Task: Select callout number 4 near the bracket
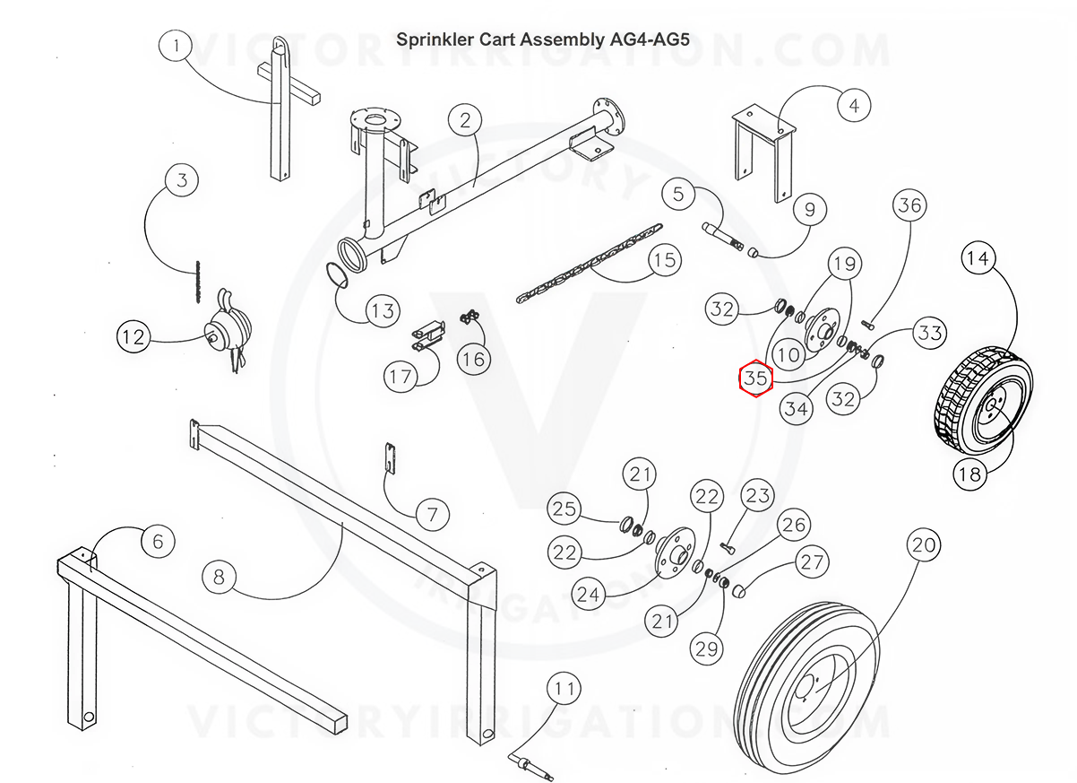[x=853, y=106]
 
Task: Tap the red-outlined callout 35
[x=755, y=378]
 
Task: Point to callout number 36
[x=909, y=206]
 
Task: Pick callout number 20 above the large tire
[x=923, y=544]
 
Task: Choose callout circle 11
[x=563, y=690]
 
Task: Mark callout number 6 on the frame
[x=158, y=541]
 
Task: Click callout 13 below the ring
[x=383, y=311]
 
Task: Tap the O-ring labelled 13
[x=336, y=274]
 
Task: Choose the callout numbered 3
[x=182, y=180]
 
